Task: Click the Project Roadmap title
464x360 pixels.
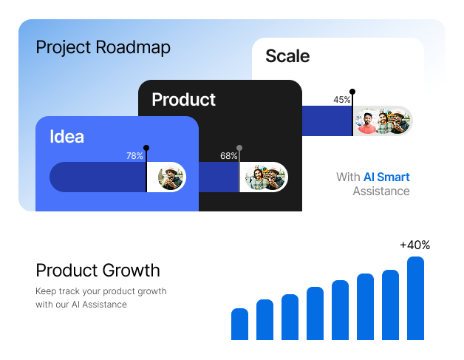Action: (x=103, y=48)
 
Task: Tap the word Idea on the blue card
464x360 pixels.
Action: (x=66, y=137)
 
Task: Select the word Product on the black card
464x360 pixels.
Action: (x=183, y=100)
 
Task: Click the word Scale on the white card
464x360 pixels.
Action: (x=287, y=56)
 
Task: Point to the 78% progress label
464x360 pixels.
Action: (x=134, y=156)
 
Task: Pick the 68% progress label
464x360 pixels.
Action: (x=228, y=156)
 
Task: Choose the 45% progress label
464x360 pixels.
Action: (x=341, y=100)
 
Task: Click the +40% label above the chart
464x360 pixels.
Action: (x=414, y=245)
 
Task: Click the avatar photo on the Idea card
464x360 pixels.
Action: (x=171, y=177)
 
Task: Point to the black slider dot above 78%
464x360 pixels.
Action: (x=146, y=148)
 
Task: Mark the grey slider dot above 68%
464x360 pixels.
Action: (x=239, y=148)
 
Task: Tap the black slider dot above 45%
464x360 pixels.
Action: (x=352, y=92)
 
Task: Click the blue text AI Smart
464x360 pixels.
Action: (x=386, y=177)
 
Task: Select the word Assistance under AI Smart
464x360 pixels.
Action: (x=381, y=191)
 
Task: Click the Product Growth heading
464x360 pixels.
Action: (x=98, y=271)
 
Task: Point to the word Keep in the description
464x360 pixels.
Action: (x=45, y=291)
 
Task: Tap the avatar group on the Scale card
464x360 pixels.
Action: (x=382, y=121)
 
